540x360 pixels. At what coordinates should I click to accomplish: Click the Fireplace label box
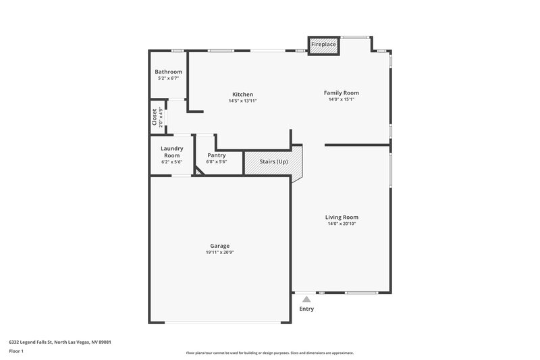[x=323, y=45]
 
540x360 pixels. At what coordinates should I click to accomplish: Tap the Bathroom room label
[x=168, y=72]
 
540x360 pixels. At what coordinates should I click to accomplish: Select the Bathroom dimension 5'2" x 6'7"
[x=168, y=78]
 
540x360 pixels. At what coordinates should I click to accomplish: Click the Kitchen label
[x=242, y=94]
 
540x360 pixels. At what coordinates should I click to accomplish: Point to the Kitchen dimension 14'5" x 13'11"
[x=242, y=101]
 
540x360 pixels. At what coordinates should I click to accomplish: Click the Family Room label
[x=341, y=93]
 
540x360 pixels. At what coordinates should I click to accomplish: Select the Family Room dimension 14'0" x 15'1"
[x=341, y=99]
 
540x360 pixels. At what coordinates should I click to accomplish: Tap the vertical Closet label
[x=155, y=117]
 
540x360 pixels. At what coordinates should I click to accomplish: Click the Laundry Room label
[x=171, y=152]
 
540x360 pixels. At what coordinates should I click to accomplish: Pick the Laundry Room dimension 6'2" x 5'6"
[x=171, y=162]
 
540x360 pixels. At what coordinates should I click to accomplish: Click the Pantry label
[x=217, y=155]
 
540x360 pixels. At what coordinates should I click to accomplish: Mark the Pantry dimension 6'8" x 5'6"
[x=217, y=162]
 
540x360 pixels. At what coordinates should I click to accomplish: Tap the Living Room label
[x=342, y=217]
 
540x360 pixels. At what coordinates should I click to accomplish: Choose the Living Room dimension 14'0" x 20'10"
[x=342, y=224]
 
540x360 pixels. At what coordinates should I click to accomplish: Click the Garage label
[x=219, y=245]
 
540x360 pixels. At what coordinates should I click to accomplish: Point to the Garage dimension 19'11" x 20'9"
[x=219, y=252]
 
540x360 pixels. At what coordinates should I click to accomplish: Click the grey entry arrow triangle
[x=306, y=299]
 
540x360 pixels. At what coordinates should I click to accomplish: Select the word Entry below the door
[x=306, y=309]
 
